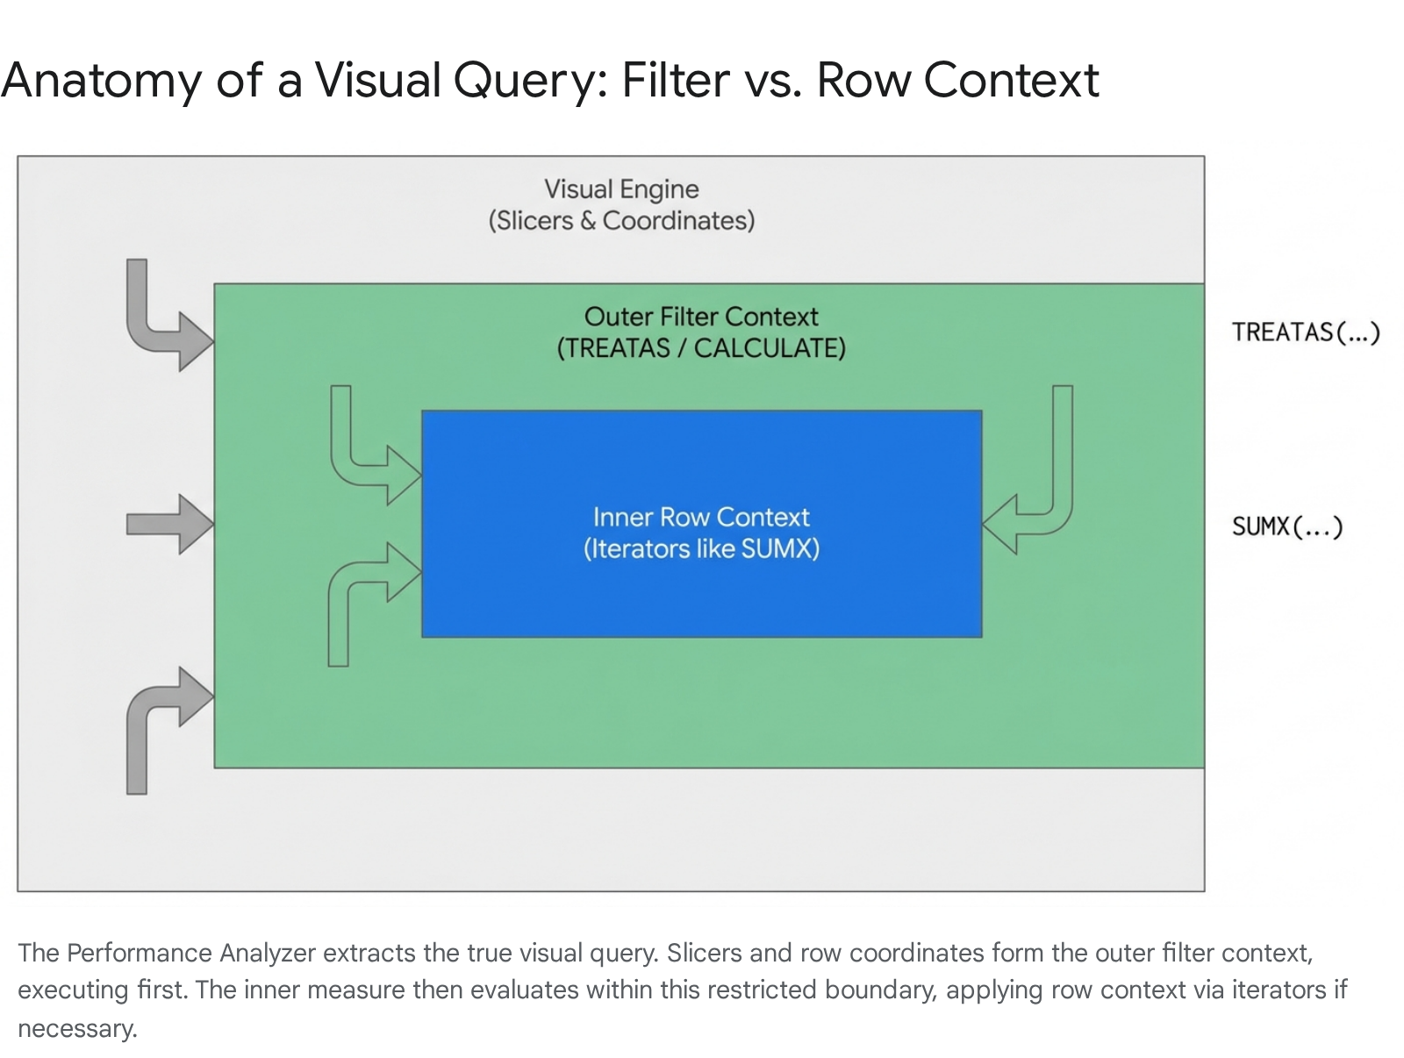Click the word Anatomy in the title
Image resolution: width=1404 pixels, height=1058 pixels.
[x=102, y=81]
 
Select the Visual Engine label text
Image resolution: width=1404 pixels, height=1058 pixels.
[x=621, y=189]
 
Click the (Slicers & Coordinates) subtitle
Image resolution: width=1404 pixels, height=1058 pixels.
[x=621, y=220]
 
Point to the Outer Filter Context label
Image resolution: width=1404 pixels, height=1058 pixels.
[x=701, y=317]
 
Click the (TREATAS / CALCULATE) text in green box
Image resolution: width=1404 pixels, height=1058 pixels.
[x=701, y=348]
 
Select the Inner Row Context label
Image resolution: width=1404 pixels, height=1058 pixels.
[x=701, y=517]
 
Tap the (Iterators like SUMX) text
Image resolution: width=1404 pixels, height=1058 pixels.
[x=701, y=549]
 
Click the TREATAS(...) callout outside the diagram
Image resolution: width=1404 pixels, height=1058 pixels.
[x=1306, y=332]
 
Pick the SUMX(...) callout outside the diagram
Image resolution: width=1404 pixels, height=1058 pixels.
[x=1287, y=526]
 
